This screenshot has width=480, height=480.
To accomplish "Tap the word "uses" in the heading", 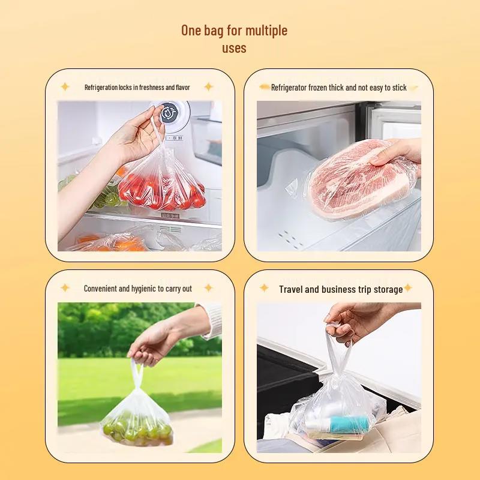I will click(x=234, y=48).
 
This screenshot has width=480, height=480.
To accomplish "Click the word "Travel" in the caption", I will click(x=291, y=289).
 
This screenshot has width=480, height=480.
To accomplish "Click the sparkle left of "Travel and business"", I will click(x=264, y=288).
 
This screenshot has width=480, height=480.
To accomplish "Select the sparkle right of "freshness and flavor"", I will click(x=208, y=87).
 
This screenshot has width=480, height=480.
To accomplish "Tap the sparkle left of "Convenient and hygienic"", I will click(x=65, y=288).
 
